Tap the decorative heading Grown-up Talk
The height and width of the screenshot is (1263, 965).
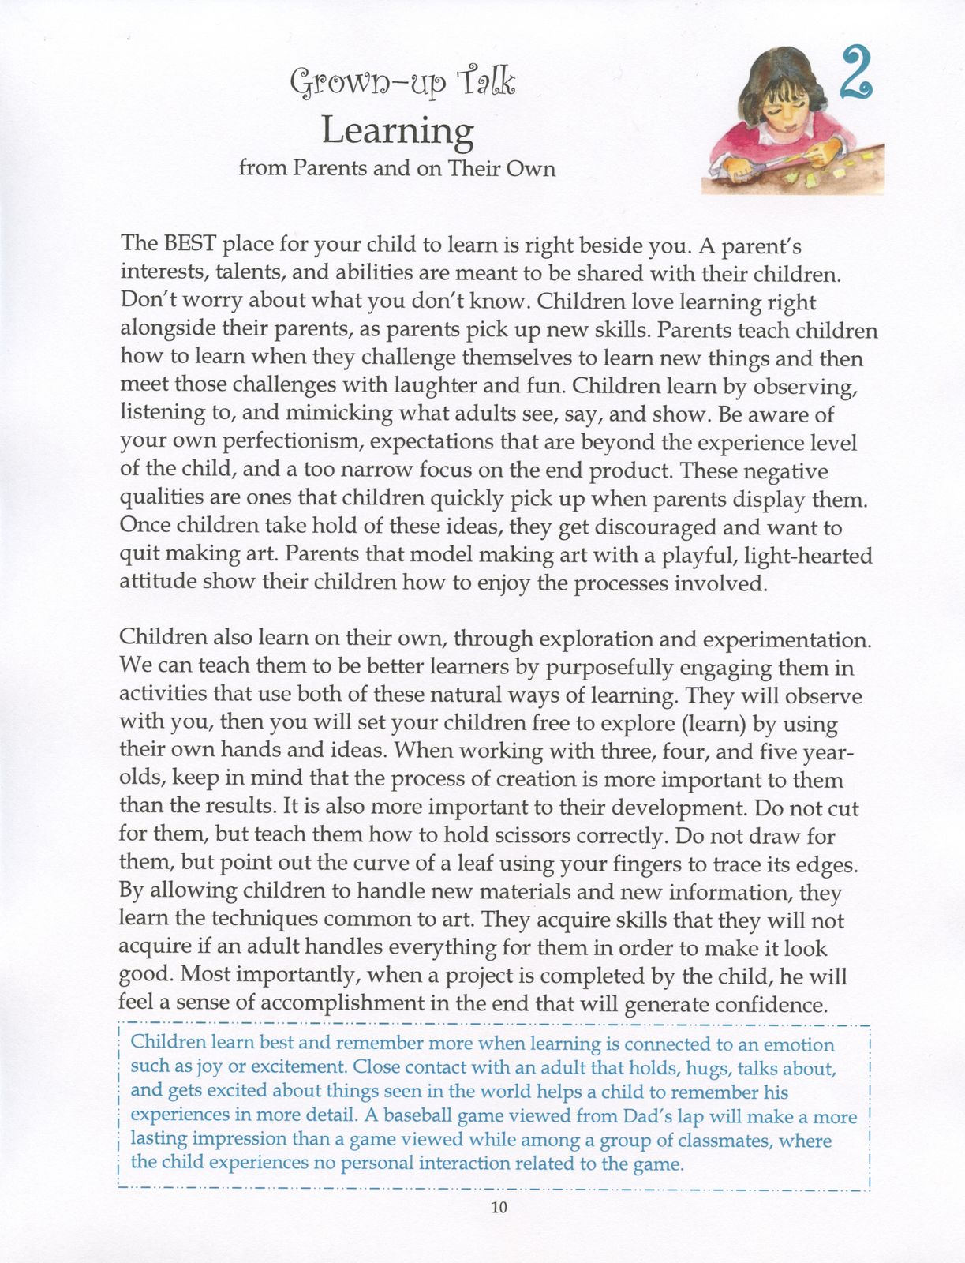point(402,81)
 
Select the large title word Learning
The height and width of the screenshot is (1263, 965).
point(398,131)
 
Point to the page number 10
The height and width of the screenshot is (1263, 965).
point(499,1207)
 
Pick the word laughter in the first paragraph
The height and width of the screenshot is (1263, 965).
point(436,385)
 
